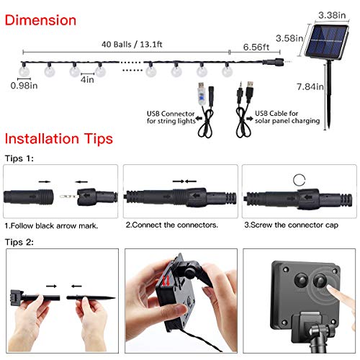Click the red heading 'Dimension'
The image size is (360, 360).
pyautogui.click(x=40, y=20)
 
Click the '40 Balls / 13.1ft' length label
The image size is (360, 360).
pyautogui.click(x=132, y=45)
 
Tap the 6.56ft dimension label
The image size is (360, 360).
pyautogui.click(x=256, y=47)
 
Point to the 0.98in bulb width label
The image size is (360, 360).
pyautogui.click(x=24, y=86)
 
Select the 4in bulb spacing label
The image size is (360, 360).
pyautogui.click(x=87, y=79)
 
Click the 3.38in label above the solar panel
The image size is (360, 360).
pyautogui.click(x=332, y=15)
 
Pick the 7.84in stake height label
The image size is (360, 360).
pyautogui.click(x=310, y=86)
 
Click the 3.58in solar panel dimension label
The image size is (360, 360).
pyautogui.click(x=289, y=38)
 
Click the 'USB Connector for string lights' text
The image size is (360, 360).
pyautogui.click(x=171, y=117)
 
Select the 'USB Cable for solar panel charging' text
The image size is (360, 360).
pyautogui.click(x=287, y=117)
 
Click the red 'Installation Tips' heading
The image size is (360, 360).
pyautogui.click(x=59, y=139)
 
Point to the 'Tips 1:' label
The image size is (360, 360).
pyautogui.click(x=19, y=158)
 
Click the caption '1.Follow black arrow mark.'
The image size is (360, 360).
pyautogui.click(x=51, y=226)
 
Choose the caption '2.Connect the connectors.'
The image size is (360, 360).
pyautogui.click(x=172, y=225)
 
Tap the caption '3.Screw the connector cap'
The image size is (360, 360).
pyautogui.click(x=292, y=225)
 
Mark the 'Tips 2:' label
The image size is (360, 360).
pyautogui.click(x=19, y=242)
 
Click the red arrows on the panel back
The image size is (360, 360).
pyautogui.click(x=166, y=281)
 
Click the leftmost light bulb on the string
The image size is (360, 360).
pyautogui.click(x=24, y=71)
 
